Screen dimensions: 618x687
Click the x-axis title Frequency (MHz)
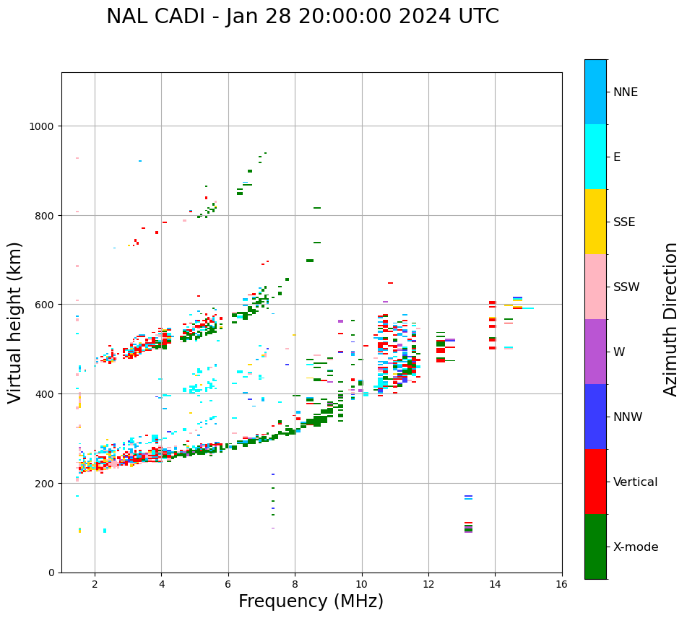311,601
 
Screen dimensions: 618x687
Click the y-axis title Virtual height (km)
15,322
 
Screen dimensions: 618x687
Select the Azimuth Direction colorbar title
670,319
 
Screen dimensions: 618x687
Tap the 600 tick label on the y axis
45,305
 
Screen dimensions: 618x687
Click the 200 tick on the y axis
45,483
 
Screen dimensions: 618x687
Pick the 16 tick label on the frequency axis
562,585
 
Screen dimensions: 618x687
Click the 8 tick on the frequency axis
295,585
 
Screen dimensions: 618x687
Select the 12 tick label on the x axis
428,585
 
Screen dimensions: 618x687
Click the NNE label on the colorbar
626,92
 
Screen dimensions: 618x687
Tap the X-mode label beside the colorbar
636,547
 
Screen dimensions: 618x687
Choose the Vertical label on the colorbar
636,482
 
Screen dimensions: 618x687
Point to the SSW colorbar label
626,287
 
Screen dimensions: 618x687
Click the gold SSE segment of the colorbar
595,222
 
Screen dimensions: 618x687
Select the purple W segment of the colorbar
595,352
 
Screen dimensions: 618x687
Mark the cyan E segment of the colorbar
595,157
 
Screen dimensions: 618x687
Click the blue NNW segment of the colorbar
595,417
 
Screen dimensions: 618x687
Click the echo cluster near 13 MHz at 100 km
468,528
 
